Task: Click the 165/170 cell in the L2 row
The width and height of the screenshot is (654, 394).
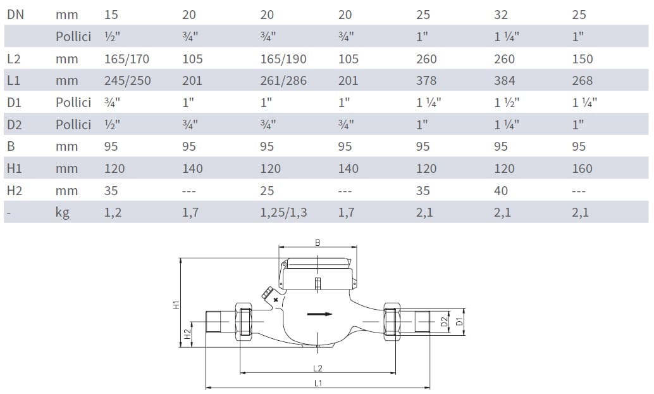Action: (126, 59)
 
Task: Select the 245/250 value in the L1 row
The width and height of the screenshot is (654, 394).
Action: (128, 80)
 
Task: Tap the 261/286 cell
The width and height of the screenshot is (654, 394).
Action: (283, 80)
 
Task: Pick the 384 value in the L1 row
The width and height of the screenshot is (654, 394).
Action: (505, 80)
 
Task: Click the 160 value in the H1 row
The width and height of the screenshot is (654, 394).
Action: (583, 168)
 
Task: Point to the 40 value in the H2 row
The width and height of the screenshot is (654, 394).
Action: (501, 191)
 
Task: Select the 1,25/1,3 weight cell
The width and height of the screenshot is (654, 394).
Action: (283, 213)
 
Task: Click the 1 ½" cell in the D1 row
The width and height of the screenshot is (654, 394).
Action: (507, 103)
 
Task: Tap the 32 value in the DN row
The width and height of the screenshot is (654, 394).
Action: (501, 15)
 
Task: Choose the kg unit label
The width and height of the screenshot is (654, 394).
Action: (63, 213)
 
